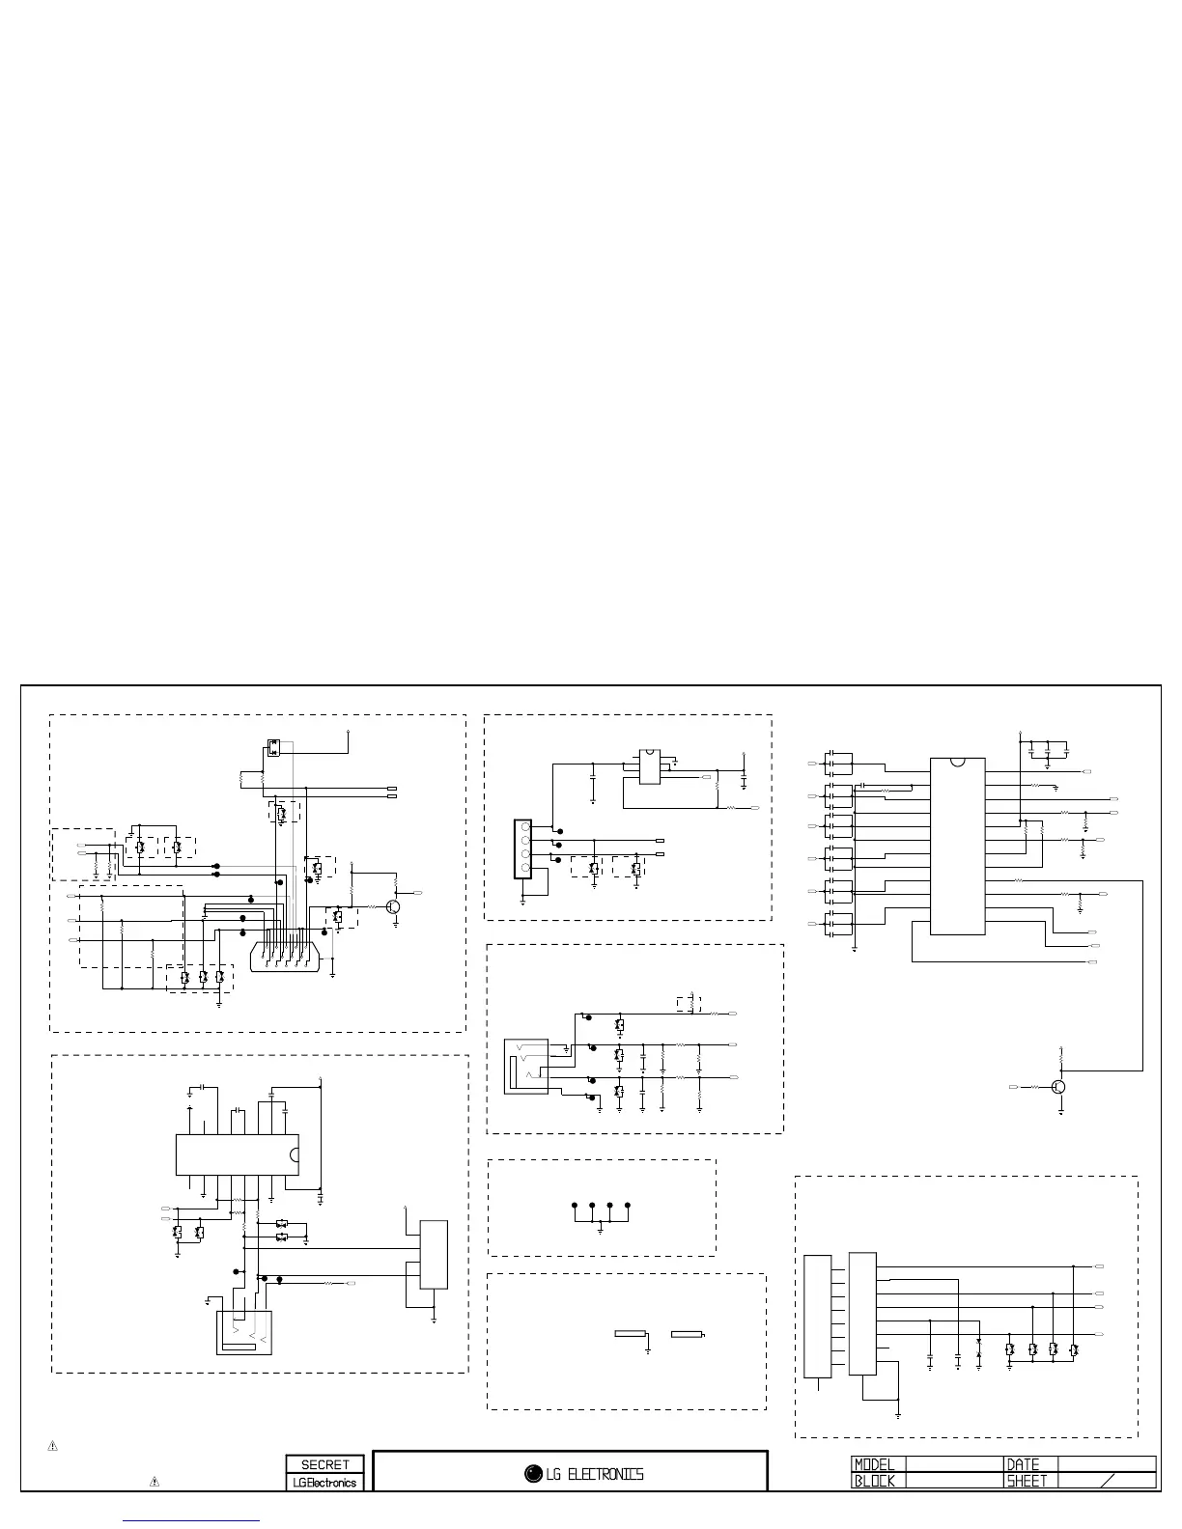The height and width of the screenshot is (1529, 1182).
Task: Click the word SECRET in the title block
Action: pos(324,1464)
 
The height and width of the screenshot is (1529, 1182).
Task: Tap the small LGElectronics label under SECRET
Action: pos(324,1482)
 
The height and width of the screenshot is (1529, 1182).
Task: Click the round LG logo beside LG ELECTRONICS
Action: pos(533,1474)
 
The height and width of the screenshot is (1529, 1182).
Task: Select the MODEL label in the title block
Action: pos(875,1464)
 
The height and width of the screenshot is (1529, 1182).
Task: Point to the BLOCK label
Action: pos(875,1480)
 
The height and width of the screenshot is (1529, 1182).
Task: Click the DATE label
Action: pos(1023,1464)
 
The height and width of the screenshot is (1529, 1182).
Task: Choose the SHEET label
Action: pos(1027,1480)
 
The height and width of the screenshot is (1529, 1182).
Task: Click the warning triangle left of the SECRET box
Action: pos(154,1481)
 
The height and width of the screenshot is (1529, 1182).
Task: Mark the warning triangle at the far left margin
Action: pos(53,1446)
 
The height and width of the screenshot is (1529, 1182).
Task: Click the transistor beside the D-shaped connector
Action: pos(393,907)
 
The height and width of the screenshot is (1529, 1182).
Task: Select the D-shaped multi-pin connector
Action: pos(287,956)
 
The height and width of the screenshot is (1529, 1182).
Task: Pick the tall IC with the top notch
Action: pos(957,846)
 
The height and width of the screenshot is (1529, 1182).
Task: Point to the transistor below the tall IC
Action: pos(1059,1087)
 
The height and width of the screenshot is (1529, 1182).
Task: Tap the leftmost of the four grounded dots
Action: pos(575,1206)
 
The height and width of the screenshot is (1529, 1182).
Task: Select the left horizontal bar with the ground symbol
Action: pos(631,1334)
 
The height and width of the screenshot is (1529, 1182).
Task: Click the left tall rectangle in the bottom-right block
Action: pos(817,1316)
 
